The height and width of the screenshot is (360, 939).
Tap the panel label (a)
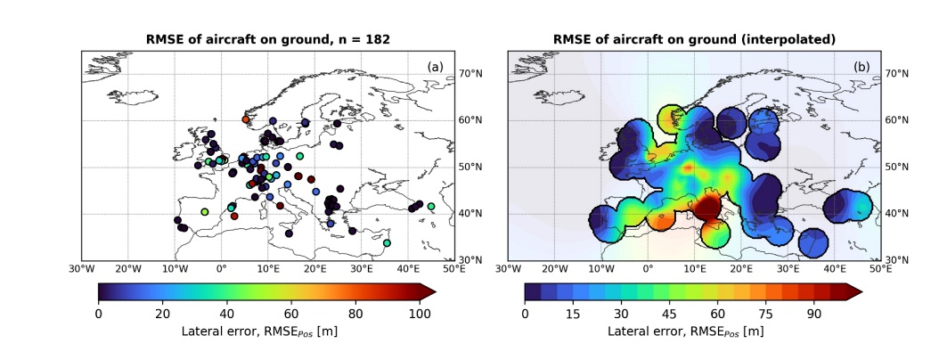coord(435,67)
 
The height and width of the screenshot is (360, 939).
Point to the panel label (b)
coord(861,67)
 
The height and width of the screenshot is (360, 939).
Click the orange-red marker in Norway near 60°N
coord(246,119)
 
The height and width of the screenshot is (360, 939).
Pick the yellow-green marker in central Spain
coord(205,212)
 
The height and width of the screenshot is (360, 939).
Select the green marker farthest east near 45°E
coord(431,207)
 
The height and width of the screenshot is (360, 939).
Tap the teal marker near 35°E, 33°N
coord(387,242)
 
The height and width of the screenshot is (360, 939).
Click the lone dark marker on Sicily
coord(289,233)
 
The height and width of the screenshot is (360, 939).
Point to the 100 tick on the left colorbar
coord(421,313)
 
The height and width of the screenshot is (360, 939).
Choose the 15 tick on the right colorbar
coord(573,313)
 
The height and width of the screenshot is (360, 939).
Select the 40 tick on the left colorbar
coord(227,313)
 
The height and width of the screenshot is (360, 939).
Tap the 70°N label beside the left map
coord(470,73)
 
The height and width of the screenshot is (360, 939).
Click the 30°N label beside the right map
coord(897,260)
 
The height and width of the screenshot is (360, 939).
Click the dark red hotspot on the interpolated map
coord(707,209)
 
